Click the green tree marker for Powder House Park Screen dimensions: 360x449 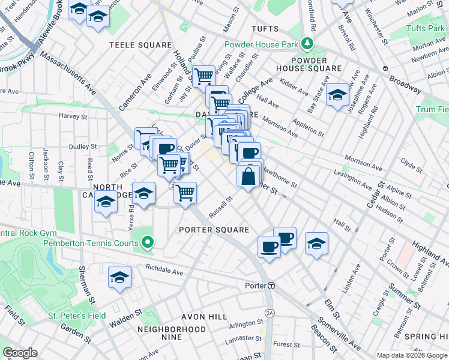(x=307, y=44)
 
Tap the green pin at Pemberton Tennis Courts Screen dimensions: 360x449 (x=148, y=243)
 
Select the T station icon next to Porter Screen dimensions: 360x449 (x=271, y=286)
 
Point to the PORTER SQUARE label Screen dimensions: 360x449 (x=214, y=230)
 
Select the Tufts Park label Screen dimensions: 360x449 (x=425, y=29)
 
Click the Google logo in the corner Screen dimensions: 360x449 (x=20, y=353)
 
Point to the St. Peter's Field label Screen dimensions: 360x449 (x=77, y=316)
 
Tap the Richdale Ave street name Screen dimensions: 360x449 (x=164, y=272)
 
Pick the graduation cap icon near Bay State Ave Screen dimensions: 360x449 (x=338, y=97)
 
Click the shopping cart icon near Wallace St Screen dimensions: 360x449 (x=204, y=76)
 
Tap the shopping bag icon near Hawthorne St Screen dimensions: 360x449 (x=248, y=176)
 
